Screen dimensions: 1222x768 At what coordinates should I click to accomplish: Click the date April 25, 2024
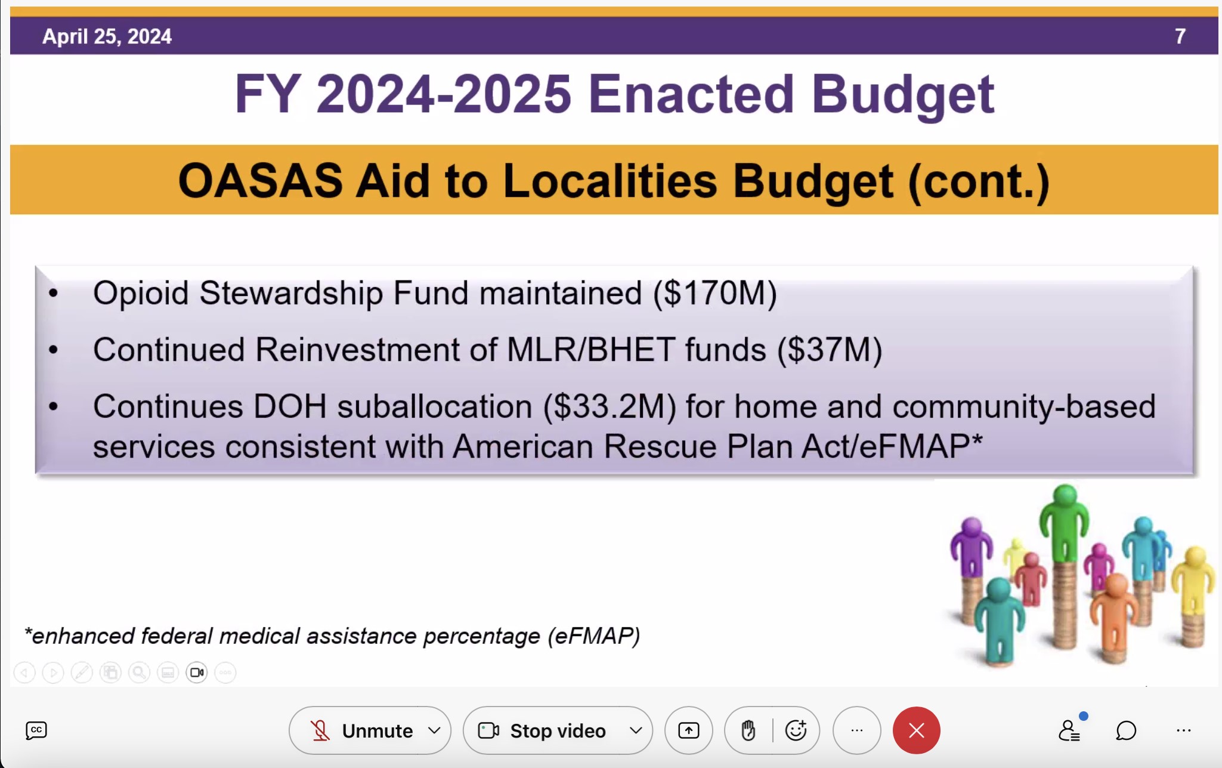(107, 36)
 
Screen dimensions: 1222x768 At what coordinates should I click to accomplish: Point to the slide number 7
(1180, 36)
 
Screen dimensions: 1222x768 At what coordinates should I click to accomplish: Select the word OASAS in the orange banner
(260, 181)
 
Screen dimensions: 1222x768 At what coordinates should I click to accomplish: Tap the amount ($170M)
(715, 294)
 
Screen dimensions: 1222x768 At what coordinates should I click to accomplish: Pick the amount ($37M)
(830, 350)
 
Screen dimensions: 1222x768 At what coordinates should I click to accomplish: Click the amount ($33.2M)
(610, 407)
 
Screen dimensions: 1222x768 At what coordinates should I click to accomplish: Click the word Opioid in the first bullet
(141, 294)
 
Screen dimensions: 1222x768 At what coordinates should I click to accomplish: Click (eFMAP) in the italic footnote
(594, 636)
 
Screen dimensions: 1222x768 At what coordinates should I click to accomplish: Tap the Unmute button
(370, 730)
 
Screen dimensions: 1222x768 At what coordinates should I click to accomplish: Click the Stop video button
(558, 730)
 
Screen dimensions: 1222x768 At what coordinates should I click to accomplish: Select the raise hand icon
(748, 730)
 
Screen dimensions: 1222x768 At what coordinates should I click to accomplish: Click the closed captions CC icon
(36, 730)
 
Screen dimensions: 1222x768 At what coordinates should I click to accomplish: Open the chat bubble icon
(1126, 730)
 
